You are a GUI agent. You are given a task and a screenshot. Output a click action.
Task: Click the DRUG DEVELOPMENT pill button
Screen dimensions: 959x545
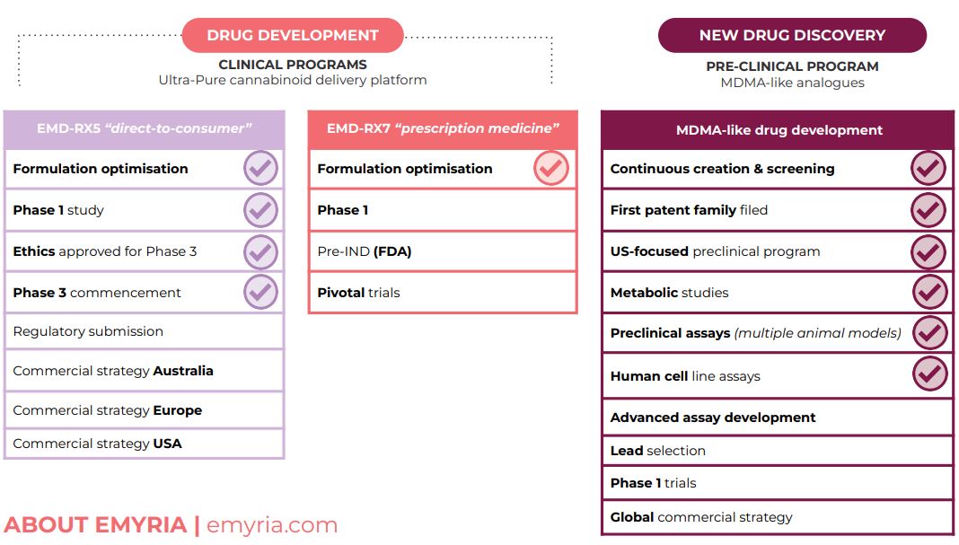pyautogui.click(x=293, y=35)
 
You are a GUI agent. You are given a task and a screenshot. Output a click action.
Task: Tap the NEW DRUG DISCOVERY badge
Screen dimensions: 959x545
pyautogui.click(x=792, y=35)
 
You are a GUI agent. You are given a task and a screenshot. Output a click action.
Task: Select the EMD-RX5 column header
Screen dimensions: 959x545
pyautogui.click(x=145, y=129)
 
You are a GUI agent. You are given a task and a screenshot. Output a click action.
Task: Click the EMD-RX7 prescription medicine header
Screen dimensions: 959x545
pyautogui.click(x=443, y=129)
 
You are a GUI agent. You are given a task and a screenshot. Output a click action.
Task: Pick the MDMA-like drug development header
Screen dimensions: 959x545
pyautogui.click(x=778, y=129)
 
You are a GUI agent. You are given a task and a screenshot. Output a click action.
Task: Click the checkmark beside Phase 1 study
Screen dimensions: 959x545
pyautogui.click(x=260, y=210)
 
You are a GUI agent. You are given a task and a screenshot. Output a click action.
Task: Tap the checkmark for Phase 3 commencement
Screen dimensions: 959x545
pyautogui.click(x=260, y=293)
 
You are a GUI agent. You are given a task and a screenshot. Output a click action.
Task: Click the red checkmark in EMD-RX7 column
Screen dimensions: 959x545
pyautogui.click(x=551, y=168)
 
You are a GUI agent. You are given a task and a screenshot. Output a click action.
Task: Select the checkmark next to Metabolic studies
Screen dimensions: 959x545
pyautogui.click(x=929, y=293)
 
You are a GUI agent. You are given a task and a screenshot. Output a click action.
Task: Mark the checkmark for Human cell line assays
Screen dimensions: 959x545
pyautogui.click(x=929, y=374)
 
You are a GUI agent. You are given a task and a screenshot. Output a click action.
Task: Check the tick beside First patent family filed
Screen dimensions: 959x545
pyautogui.click(x=928, y=210)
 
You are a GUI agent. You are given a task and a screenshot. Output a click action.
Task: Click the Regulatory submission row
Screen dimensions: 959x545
pyautogui.click(x=145, y=331)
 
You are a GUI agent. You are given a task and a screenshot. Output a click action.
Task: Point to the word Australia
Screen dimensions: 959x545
pyautogui.click(x=183, y=371)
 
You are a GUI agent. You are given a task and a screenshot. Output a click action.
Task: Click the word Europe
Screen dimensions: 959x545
pyautogui.click(x=178, y=410)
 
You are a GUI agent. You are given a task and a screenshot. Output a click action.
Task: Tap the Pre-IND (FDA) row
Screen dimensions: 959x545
pyautogui.click(x=443, y=251)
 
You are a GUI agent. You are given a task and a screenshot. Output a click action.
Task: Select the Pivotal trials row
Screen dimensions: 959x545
pyautogui.click(x=443, y=293)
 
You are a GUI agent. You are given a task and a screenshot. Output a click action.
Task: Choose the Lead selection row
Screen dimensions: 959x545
pyautogui.click(x=778, y=451)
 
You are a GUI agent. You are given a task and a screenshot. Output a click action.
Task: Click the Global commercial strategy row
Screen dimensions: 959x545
pyautogui.click(x=778, y=517)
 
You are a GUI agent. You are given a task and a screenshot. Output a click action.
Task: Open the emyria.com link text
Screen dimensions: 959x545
pyautogui.click(x=272, y=525)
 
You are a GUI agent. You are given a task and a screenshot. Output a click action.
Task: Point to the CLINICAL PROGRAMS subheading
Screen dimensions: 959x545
pyautogui.click(x=293, y=65)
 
